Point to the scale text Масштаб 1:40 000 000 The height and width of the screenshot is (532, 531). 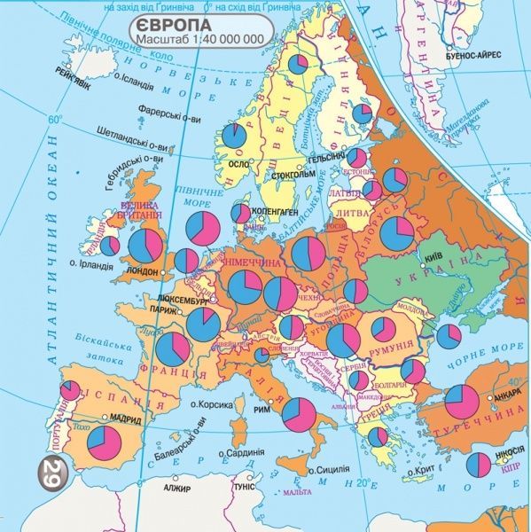(201, 40)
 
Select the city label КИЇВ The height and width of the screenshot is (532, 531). (434, 256)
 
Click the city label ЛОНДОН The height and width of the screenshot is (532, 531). (142, 271)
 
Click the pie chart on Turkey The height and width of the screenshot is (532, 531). (462, 402)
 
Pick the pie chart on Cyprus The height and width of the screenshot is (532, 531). (479, 463)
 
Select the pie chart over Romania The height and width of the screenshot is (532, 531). (384, 330)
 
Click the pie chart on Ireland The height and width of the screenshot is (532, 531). (110, 246)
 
